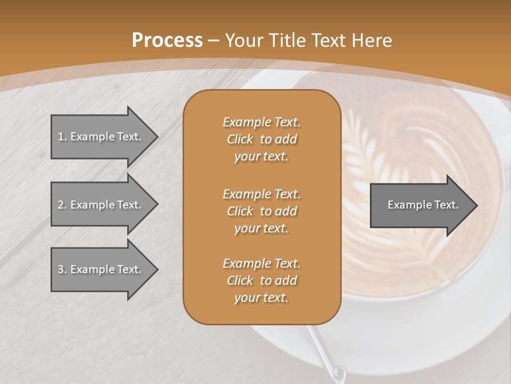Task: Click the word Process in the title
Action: [x=167, y=41]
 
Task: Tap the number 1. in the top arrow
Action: [x=62, y=137]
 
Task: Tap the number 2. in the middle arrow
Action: [x=62, y=205]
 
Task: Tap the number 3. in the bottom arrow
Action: [x=62, y=269]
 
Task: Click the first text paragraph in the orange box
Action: [x=261, y=139]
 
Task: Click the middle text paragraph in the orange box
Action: [x=261, y=211]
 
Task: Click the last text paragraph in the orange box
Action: [x=261, y=281]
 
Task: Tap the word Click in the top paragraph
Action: [x=240, y=139]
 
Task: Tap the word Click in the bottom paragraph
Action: [x=240, y=281]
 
